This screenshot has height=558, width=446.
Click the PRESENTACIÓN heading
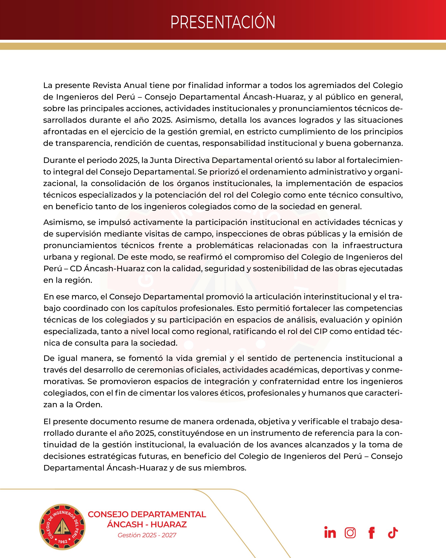(x=223, y=22)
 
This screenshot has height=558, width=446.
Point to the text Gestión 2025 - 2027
(x=147, y=535)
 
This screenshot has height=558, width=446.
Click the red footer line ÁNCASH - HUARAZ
(x=147, y=524)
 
